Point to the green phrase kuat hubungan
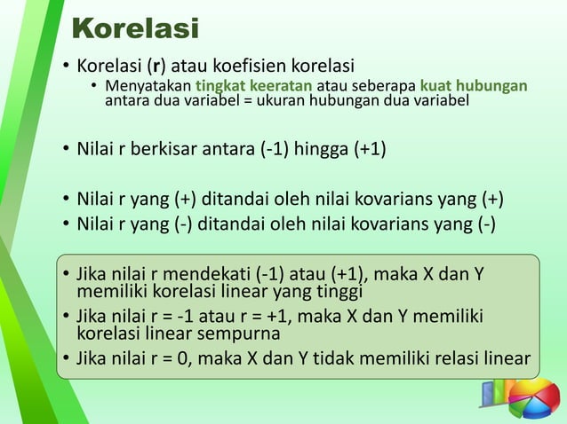[x=474, y=86]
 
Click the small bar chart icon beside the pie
[x=493, y=394]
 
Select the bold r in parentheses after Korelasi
[x=156, y=67]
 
